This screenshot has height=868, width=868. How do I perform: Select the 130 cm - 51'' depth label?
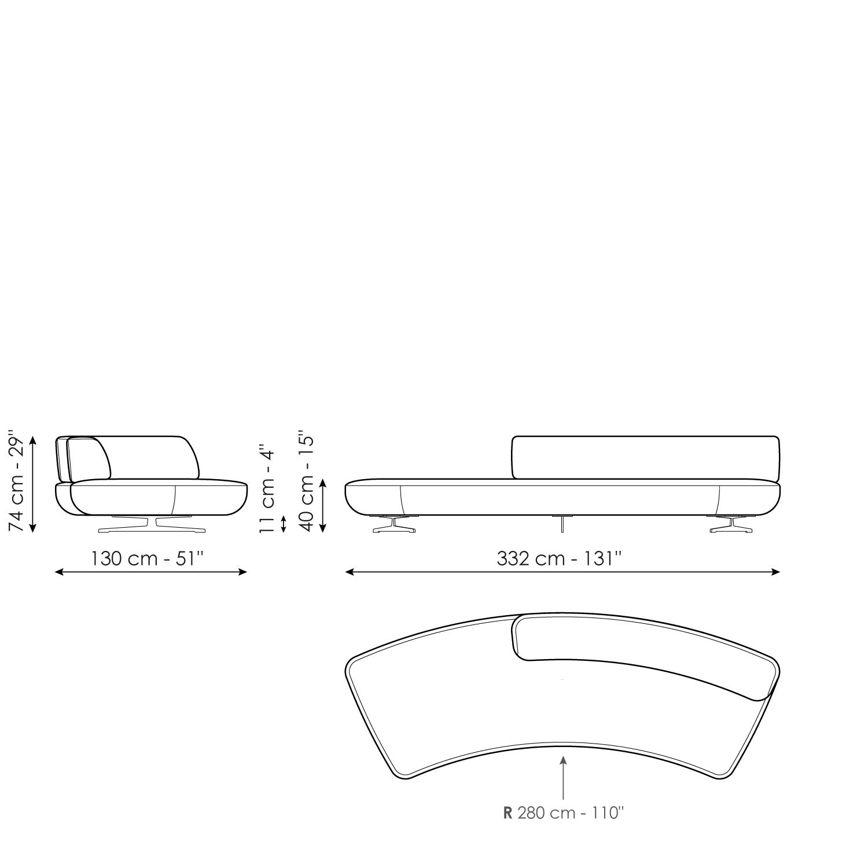(x=148, y=559)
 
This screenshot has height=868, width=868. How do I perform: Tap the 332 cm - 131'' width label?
(x=560, y=559)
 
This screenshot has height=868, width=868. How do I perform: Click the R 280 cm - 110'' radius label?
(x=564, y=813)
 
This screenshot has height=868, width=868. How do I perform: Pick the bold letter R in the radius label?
(x=508, y=813)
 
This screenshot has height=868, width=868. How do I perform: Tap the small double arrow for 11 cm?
(x=283, y=524)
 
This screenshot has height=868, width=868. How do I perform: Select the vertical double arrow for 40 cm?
(x=323, y=505)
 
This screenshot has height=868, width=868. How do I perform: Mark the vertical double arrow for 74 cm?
(x=33, y=484)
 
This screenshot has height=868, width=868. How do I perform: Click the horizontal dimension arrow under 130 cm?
(x=151, y=572)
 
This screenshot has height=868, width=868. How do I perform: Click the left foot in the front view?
(x=393, y=525)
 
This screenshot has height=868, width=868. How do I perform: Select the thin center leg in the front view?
(x=562, y=523)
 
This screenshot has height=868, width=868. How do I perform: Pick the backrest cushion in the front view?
(x=645, y=457)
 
